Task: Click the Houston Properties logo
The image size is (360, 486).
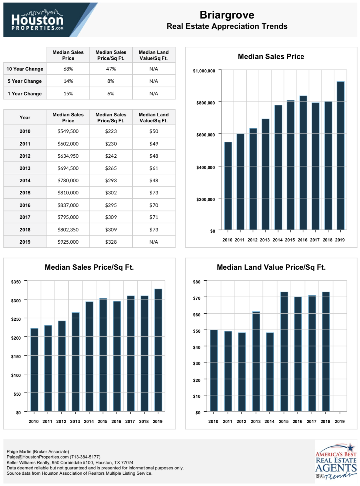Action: [37, 20]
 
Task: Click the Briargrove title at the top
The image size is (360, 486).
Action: [227, 15]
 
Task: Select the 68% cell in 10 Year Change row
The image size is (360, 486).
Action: [68, 69]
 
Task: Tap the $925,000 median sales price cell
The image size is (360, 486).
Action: [68, 242]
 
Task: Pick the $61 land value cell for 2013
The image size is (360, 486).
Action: [153, 168]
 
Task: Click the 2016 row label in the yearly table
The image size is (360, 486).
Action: [25, 205]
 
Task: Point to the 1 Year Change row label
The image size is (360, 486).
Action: [24, 94]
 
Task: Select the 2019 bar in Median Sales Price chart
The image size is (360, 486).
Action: [341, 156]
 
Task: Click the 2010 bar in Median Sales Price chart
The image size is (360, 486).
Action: [228, 186]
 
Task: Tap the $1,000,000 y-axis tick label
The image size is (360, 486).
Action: [204, 71]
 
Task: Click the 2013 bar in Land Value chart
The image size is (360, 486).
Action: [256, 361]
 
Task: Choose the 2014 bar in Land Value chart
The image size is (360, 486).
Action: [270, 372]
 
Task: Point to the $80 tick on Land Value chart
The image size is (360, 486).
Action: [196, 282]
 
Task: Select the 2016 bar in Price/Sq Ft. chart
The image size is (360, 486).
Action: [117, 356]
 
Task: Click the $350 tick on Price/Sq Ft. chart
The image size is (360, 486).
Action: [16, 282]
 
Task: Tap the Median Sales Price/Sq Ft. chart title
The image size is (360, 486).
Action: [89, 267]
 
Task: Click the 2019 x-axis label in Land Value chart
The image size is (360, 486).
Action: [339, 421]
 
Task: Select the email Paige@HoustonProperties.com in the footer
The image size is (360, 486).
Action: [38, 457]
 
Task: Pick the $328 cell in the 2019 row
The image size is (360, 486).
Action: [111, 242]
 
